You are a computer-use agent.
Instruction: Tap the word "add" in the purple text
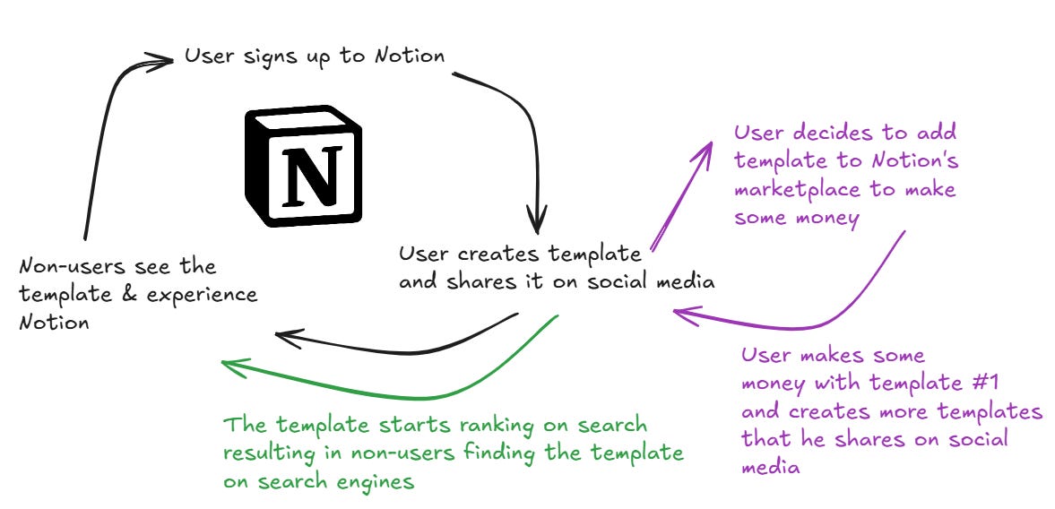tap(938, 134)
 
